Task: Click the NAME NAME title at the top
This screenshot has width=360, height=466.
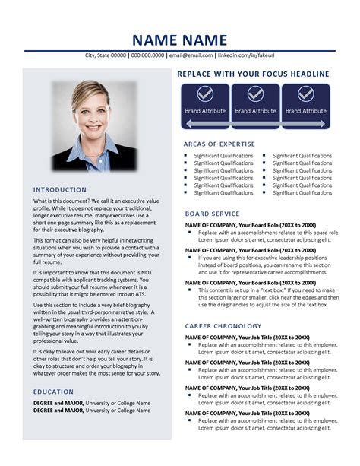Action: pos(179,40)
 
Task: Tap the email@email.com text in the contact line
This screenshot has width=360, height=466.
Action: pos(191,56)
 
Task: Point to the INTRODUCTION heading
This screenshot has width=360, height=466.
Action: pos(60,189)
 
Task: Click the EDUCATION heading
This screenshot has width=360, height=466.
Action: pos(53,392)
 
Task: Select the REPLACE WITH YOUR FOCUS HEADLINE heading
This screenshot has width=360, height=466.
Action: pos(253,74)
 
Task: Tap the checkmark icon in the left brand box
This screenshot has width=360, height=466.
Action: pos(204,94)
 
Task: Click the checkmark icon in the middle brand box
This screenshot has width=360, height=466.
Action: pos(255,94)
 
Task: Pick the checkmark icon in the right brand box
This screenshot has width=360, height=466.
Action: pos(305,94)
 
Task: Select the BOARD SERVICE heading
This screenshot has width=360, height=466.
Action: pos(212,214)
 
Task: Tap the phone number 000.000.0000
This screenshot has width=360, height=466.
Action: pos(148,56)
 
